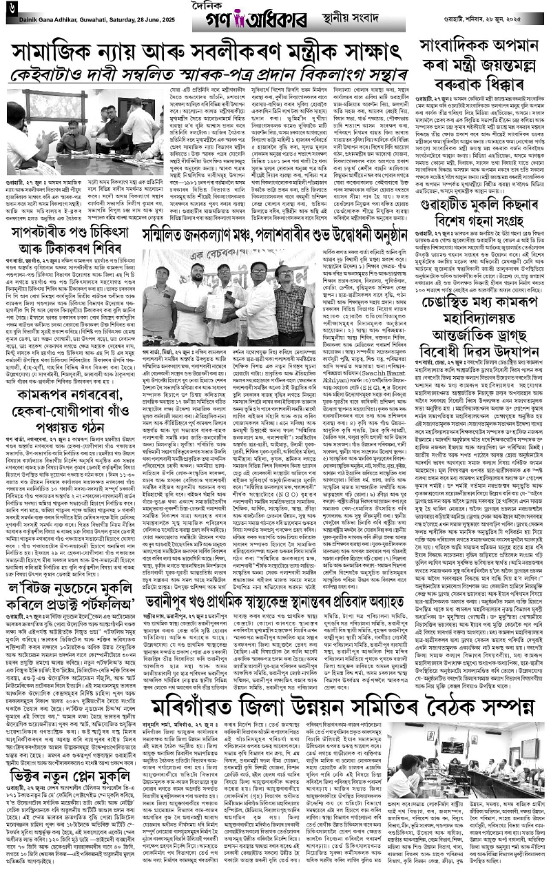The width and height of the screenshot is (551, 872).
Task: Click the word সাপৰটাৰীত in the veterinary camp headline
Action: [x=46, y=213]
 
